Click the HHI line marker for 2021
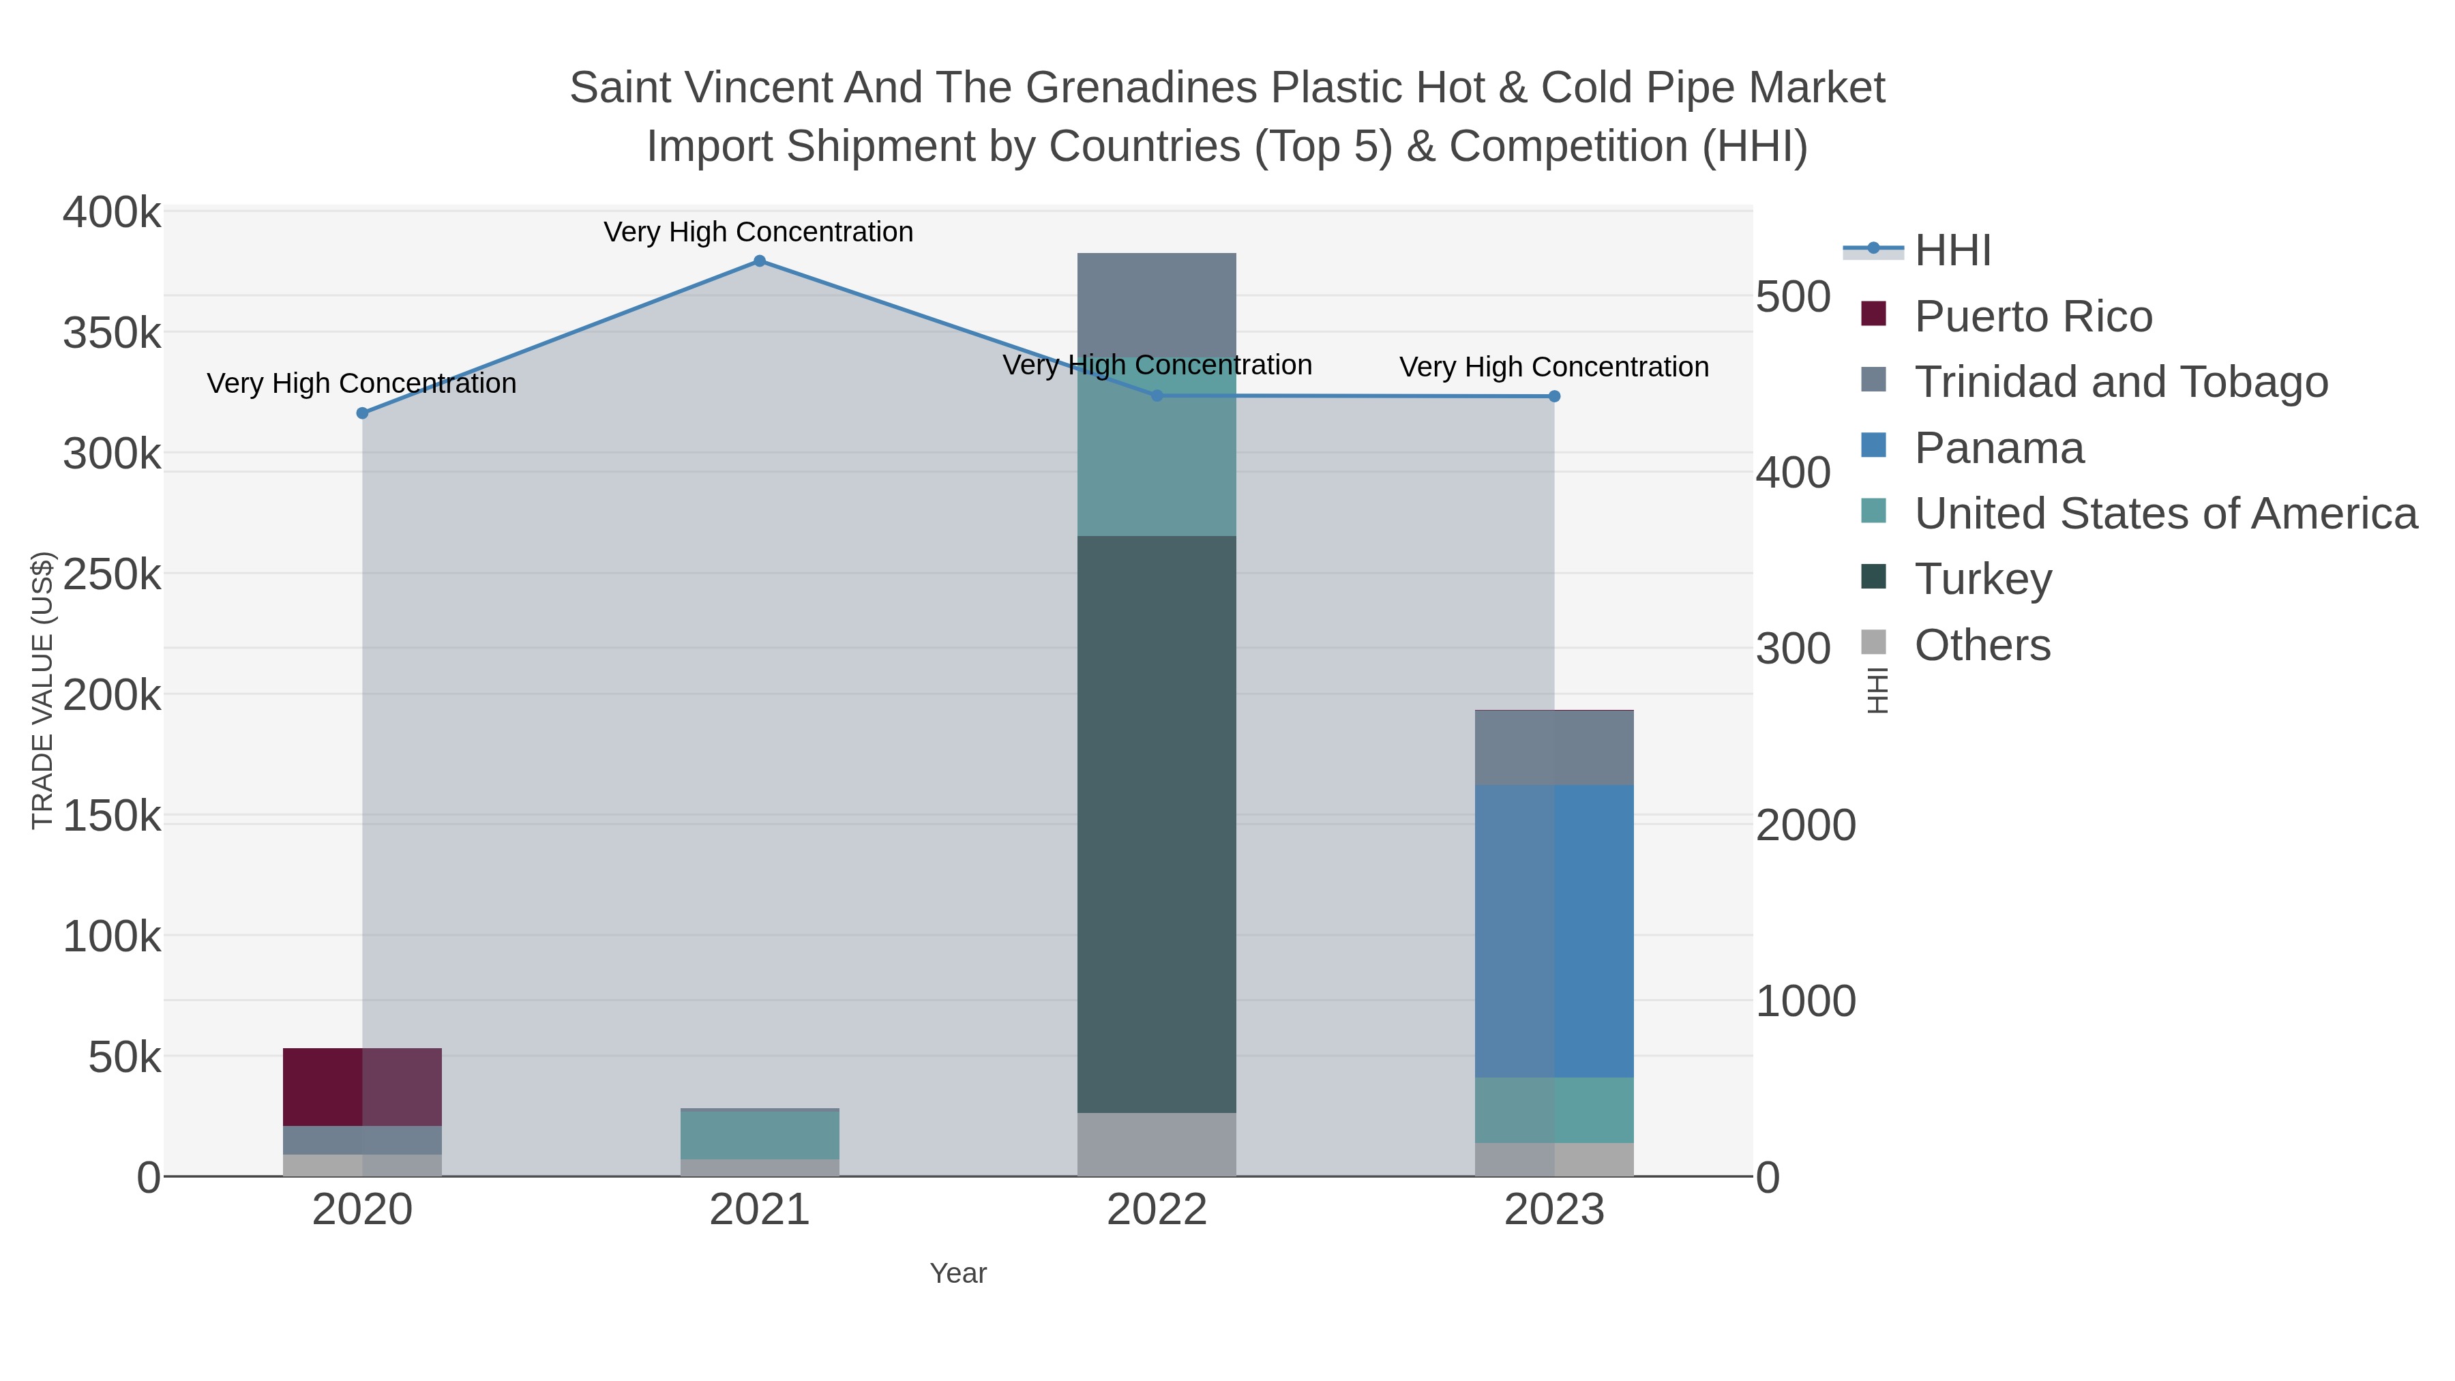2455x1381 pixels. coord(760,261)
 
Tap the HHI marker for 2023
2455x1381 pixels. coord(1554,396)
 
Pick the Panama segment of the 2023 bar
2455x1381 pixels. coord(1554,931)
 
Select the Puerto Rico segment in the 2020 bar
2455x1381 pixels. coord(362,1088)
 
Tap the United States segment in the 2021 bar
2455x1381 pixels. coord(760,1135)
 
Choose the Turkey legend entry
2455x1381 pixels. coord(1982,580)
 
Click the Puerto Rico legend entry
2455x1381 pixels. coord(2032,317)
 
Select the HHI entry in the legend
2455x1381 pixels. coord(1952,251)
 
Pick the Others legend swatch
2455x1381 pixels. coord(1874,643)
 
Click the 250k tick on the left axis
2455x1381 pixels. coord(112,576)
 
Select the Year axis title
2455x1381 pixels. coord(958,1273)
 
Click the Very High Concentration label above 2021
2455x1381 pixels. coord(758,233)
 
